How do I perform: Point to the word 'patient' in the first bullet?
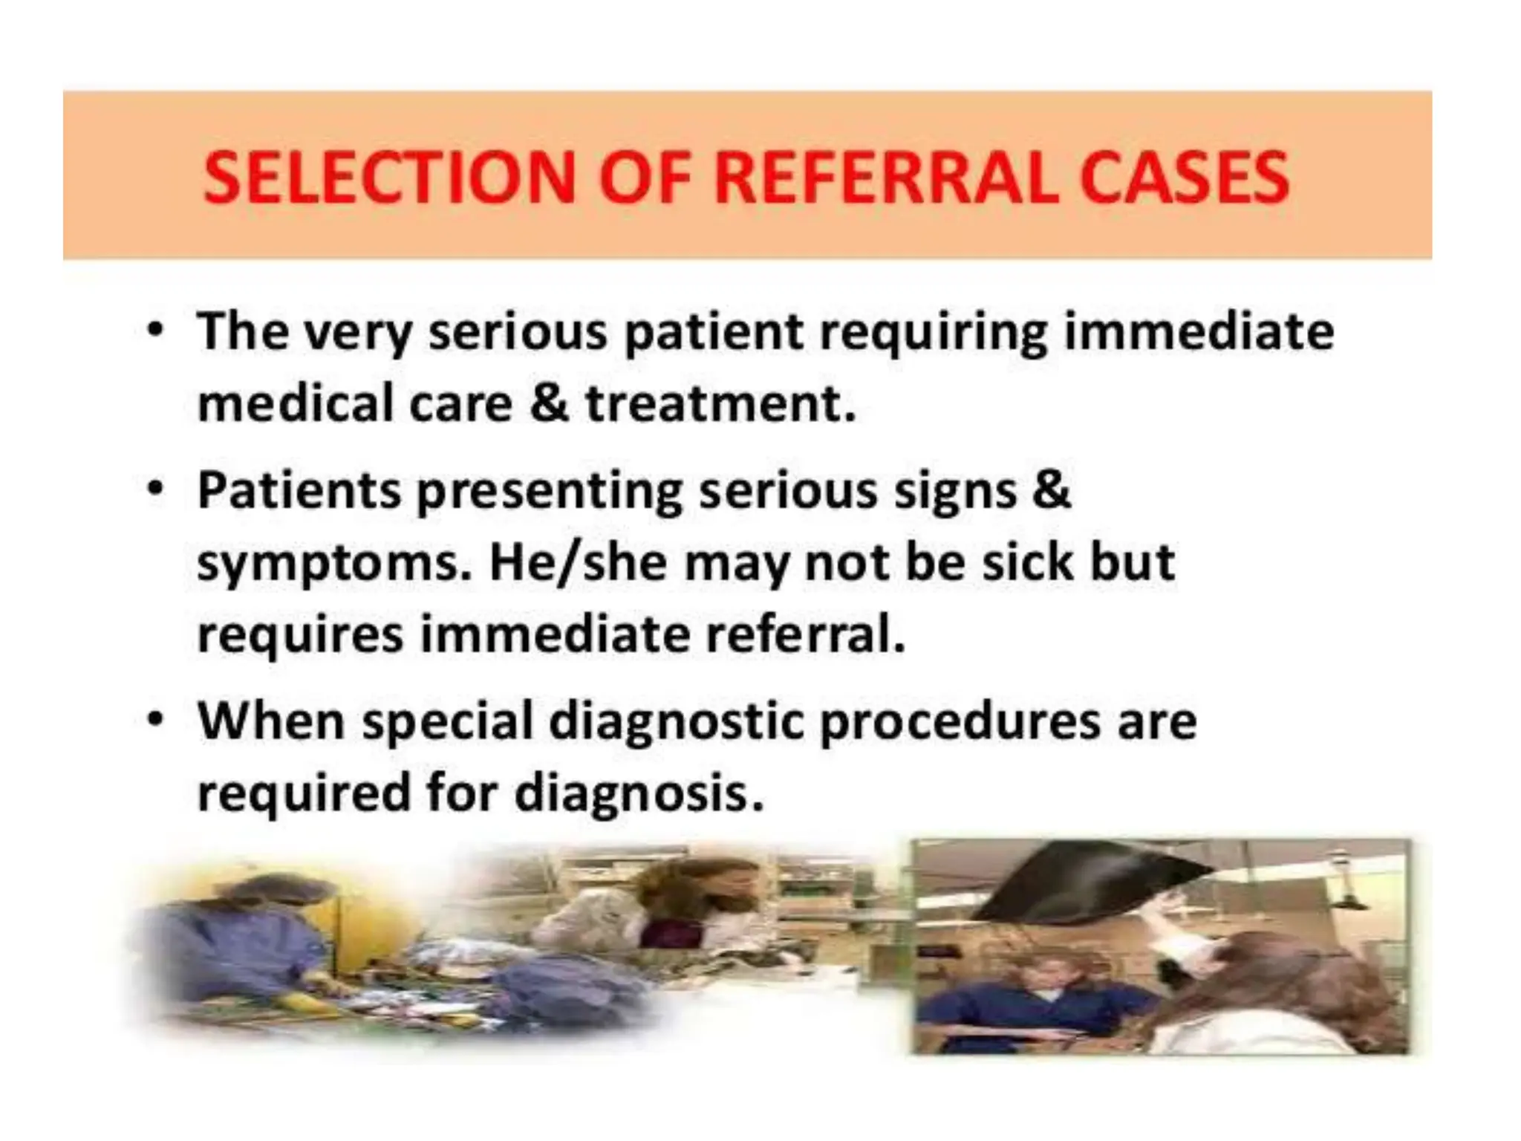(714, 331)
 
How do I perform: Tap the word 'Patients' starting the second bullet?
(299, 490)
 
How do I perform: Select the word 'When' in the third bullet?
(271, 721)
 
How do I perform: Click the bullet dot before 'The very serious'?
(154, 331)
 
